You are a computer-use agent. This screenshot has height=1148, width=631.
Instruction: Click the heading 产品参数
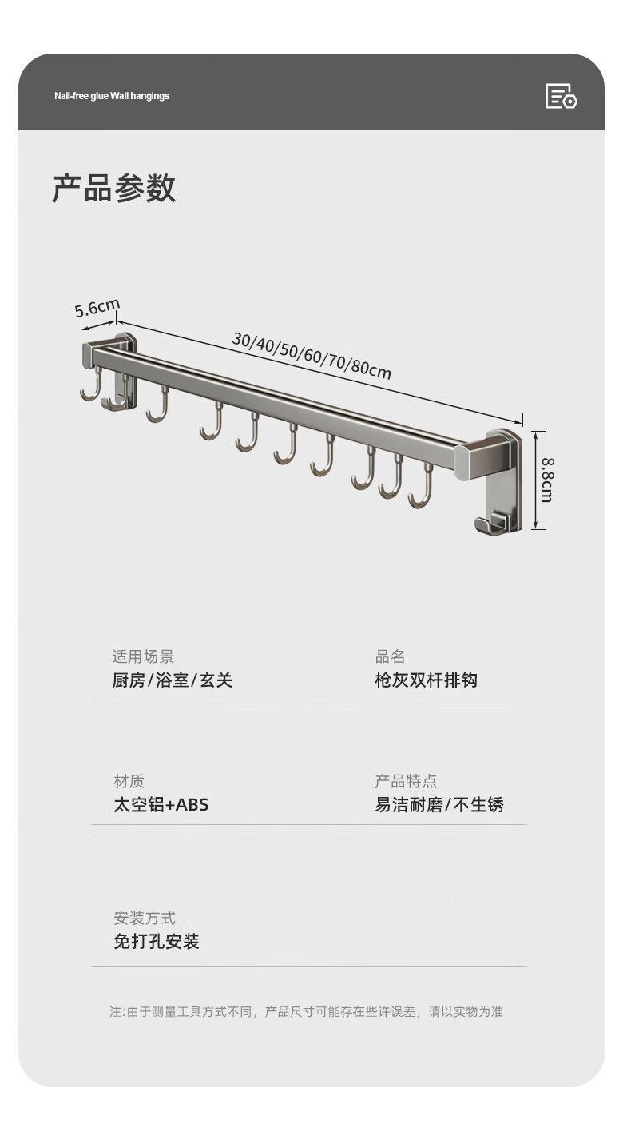coord(113,189)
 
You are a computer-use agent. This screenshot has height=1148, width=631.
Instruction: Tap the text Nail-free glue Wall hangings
coord(112,96)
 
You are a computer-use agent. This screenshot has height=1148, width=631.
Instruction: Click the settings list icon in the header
coord(561,96)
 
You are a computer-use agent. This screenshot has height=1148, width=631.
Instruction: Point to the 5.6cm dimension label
coord(97,307)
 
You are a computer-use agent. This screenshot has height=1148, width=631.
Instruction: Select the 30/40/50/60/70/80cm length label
coord(312,355)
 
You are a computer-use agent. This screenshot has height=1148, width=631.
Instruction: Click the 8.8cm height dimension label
coord(546,480)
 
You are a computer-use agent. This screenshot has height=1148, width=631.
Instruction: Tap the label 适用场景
coord(143,656)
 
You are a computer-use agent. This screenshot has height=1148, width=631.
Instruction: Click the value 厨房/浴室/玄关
coord(172,680)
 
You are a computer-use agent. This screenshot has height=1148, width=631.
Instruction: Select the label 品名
coord(391,656)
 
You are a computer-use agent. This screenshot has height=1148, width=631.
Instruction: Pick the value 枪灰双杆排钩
coord(426,680)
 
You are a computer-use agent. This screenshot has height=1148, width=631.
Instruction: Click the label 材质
coord(129,781)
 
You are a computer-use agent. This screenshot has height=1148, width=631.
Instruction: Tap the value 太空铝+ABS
coord(161,805)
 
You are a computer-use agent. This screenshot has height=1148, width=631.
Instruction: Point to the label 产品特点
coord(406,781)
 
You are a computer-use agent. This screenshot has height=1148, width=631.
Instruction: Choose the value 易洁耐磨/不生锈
coord(439,805)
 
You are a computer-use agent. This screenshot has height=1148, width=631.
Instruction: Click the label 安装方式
coord(145,918)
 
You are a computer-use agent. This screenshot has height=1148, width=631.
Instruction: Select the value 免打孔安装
coord(156,942)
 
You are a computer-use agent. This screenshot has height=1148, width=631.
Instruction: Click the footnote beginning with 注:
coord(306,1012)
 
